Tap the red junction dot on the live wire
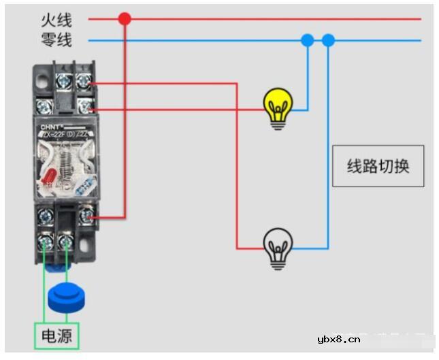124,18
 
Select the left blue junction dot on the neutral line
307,41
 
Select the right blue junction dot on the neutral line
329,41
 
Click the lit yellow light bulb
278,107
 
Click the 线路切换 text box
378,166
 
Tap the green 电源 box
57,336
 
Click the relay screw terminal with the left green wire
46,241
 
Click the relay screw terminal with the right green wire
67,241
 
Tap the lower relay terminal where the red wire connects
86,216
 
